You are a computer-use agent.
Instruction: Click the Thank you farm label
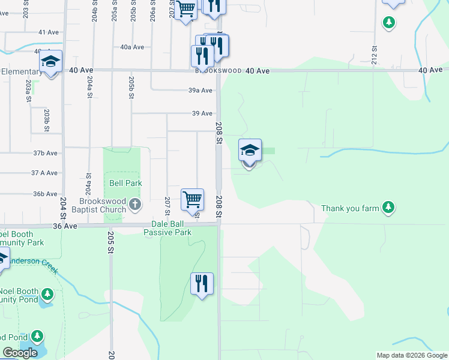click(351, 208)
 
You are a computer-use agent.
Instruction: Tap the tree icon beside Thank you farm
click(389, 208)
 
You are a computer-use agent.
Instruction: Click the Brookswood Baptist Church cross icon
click(135, 205)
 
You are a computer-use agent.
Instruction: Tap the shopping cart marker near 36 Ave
click(192, 200)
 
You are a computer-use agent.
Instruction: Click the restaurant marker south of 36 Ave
click(202, 284)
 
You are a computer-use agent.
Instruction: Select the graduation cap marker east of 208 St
click(250, 151)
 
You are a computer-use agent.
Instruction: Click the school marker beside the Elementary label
click(51, 62)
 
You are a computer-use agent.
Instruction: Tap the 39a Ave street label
click(200, 91)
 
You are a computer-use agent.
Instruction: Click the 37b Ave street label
click(46, 153)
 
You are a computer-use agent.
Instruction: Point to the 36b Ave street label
click(46, 194)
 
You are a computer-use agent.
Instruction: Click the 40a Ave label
click(132, 47)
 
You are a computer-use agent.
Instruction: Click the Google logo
click(20, 353)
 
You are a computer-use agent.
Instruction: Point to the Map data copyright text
click(412, 355)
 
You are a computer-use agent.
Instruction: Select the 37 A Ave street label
click(46, 173)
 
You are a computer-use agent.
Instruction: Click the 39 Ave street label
click(202, 113)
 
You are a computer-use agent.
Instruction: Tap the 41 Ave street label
click(47, 32)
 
